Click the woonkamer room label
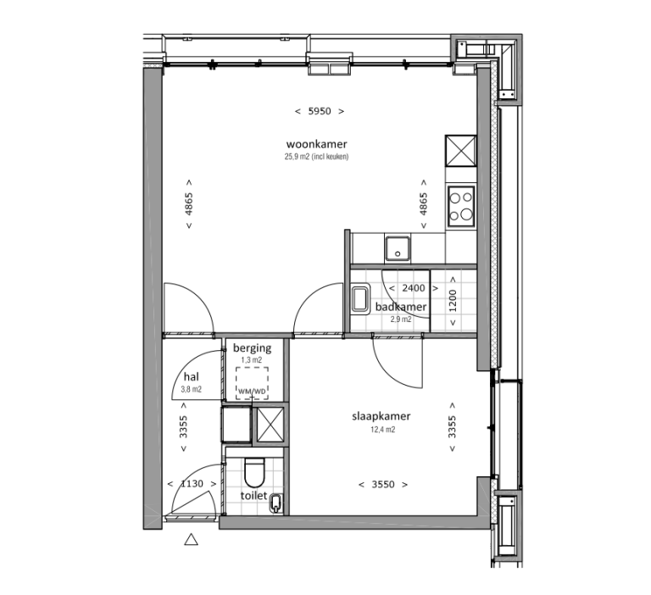pos(317,145)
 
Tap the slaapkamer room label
pos(381,417)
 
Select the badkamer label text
pos(401,308)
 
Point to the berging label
pos(253,348)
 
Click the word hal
pos(191,378)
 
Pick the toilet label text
pos(253,496)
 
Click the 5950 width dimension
pos(318,111)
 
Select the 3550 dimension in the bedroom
pos(382,484)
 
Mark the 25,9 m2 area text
pos(317,157)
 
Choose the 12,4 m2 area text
pos(381,430)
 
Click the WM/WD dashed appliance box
pos(252,382)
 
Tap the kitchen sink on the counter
pos(396,248)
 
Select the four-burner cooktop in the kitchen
pos(462,205)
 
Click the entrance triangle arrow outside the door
pos(192,538)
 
